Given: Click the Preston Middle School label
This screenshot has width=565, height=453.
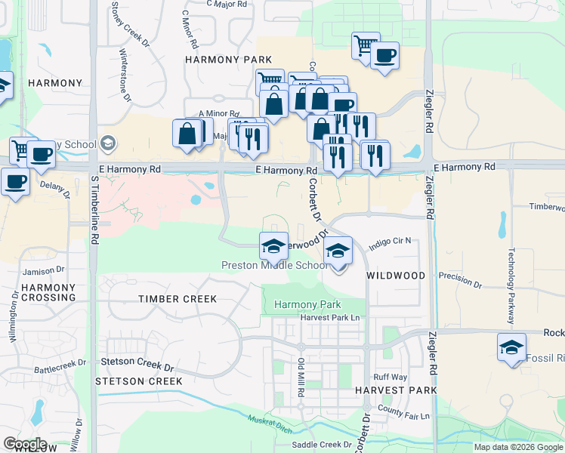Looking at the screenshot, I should [274, 266].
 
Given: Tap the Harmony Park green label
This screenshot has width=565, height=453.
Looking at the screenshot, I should [307, 304].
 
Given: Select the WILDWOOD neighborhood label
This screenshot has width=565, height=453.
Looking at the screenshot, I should [396, 276].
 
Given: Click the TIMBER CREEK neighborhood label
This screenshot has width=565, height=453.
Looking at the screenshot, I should [178, 299].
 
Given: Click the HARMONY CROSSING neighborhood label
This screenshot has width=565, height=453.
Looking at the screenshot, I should [49, 293].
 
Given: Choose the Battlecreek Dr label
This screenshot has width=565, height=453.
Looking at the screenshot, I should [62, 369].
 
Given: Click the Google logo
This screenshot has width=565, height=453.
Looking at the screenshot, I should [25, 444].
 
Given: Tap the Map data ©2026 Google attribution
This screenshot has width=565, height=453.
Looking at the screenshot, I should [517, 447].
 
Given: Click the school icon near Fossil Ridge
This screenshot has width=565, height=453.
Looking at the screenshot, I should [511, 348].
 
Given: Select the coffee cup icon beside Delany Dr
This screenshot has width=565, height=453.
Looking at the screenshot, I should [15, 181].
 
